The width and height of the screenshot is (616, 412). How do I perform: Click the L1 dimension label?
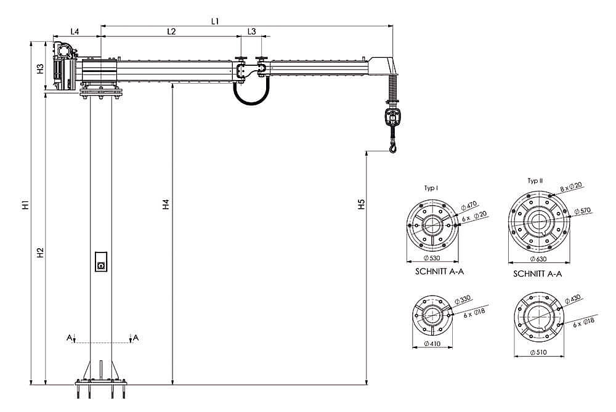(214, 21)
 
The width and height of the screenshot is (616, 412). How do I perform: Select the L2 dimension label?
(171, 31)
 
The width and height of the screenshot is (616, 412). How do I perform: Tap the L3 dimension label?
(251, 31)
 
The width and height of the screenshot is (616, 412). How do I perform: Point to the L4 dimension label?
(75, 31)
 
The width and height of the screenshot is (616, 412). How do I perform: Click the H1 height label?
(25, 204)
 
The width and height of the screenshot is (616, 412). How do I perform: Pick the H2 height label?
(40, 253)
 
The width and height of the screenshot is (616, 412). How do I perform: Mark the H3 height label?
(40, 69)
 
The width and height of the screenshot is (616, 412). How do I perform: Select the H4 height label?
(166, 204)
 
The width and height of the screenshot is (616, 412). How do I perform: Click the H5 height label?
(362, 204)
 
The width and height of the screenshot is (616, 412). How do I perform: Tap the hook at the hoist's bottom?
(392, 148)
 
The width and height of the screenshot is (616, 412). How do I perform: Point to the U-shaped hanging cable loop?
(251, 101)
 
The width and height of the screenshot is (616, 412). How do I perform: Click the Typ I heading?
(431, 188)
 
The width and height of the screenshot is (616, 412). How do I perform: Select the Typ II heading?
(535, 181)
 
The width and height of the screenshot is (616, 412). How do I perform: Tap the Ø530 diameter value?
(432, 258)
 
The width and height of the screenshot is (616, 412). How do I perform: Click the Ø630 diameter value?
(538, 259)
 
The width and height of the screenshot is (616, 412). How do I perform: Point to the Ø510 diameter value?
(538, 352)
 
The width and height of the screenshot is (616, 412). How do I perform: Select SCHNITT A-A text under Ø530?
(439, 272)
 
